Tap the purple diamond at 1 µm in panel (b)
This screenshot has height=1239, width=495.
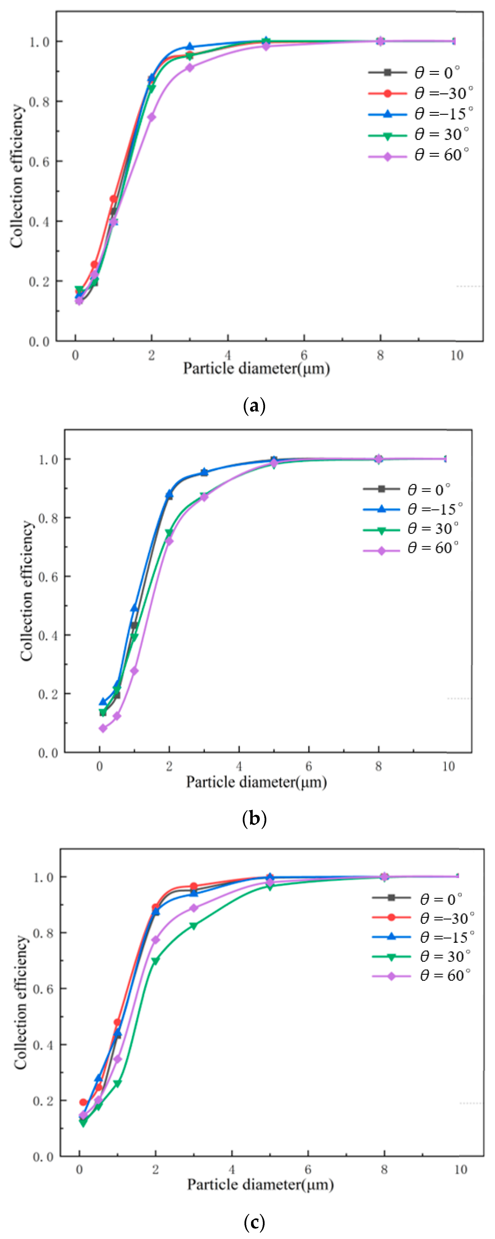pyautogui.click(x=134, y=671)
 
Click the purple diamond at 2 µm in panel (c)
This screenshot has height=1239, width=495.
pyautogui.click(x=155, y=939)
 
